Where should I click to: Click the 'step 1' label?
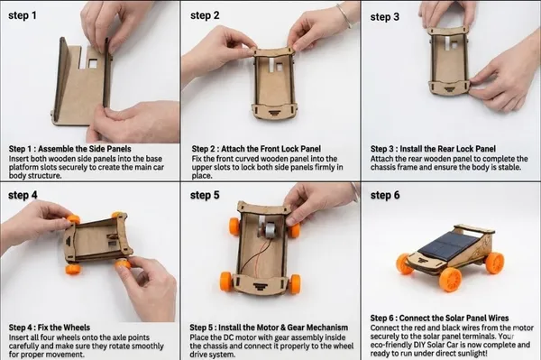pyautogui.click(x=22, y=15)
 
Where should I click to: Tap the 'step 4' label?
pyautogui.click(x=23, y=195)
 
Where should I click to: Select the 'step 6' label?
pyautogui.click(x=385, y=196)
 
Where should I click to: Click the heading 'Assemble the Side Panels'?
pyautogui.click(x=85, y=149)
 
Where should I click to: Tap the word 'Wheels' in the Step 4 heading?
pyautogui.click(x=78, y=328)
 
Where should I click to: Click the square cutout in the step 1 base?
pyautogui.click(x=93, y=63)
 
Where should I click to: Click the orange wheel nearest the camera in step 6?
pyautogui.click(x=450, y=279)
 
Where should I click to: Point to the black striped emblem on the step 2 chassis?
pyautogui.click(x=274, y=112)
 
